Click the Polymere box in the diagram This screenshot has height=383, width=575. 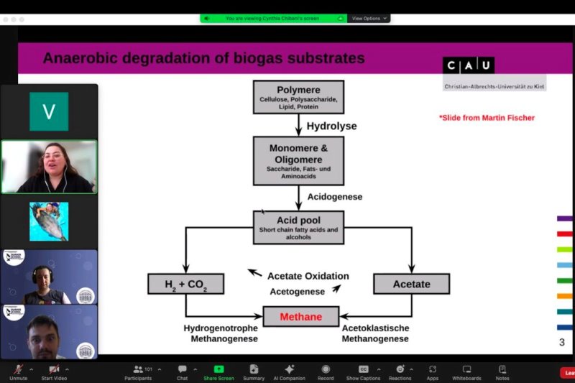[x=298, y=96]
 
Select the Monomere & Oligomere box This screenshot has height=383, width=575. [x=298, y=160]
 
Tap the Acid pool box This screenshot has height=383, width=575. [x=298, y=227]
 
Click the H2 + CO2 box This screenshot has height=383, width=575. [x=185, y=284]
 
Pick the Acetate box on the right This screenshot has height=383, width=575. [x=411, y=284]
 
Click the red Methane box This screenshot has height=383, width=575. [x=300, y=316]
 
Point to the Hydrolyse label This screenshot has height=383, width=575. [x=331, y=126]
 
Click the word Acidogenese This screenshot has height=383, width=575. [x=334, y=196]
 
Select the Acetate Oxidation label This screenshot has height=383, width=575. [x=308, y=276]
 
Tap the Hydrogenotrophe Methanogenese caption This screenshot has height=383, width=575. [x=220, y=333]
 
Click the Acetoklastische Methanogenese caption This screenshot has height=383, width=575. [x=375, y=333]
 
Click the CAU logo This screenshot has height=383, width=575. [x=469, y=65]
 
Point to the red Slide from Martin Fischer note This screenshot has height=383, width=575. [x=487, y=118]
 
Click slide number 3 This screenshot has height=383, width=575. [x=561, y=342]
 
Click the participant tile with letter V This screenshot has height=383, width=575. [x=49, y=111]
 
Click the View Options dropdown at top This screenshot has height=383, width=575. [x=369, y=18]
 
